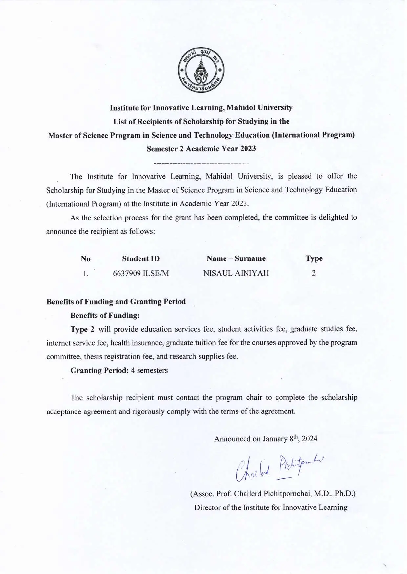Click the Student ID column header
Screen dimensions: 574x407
(x=141, y=259)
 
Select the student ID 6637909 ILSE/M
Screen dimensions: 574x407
(x=141, y=273)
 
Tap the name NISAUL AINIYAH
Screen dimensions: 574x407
(x=236, y=273)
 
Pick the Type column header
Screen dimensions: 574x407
(x=314, y=258)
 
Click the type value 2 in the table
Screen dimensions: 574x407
(x=314, y=273)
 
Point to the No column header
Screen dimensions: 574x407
(x=86, y=259)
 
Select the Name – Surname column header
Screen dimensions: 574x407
(x=236, y=258)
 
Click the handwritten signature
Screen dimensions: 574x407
(x=279, y=467)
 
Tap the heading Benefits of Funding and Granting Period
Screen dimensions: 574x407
(x=116, y=302)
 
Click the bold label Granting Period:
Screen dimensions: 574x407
(x=99, y=370)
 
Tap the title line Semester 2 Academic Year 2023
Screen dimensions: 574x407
(x=201, y=149)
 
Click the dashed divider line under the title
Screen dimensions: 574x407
(x=201, y=163)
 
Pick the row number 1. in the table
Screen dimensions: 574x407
(x=86, y=273)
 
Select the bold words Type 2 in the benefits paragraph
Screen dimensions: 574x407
(x=82, y=329)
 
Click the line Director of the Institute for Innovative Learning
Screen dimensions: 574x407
(x=271, y=507)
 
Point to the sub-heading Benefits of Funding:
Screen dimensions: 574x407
(x=105, y=316)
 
